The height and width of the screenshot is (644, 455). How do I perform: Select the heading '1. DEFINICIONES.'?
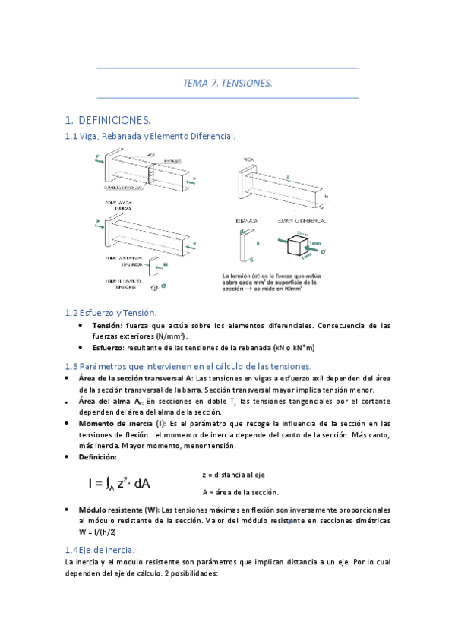tap(108, 120)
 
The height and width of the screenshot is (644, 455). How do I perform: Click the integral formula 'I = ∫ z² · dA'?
tap(119, 483)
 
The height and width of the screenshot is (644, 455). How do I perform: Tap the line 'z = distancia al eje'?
tap(233, 474)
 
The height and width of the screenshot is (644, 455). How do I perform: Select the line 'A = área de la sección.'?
tap(240, 491)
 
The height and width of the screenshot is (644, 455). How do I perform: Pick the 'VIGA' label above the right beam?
tap(248, 159)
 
